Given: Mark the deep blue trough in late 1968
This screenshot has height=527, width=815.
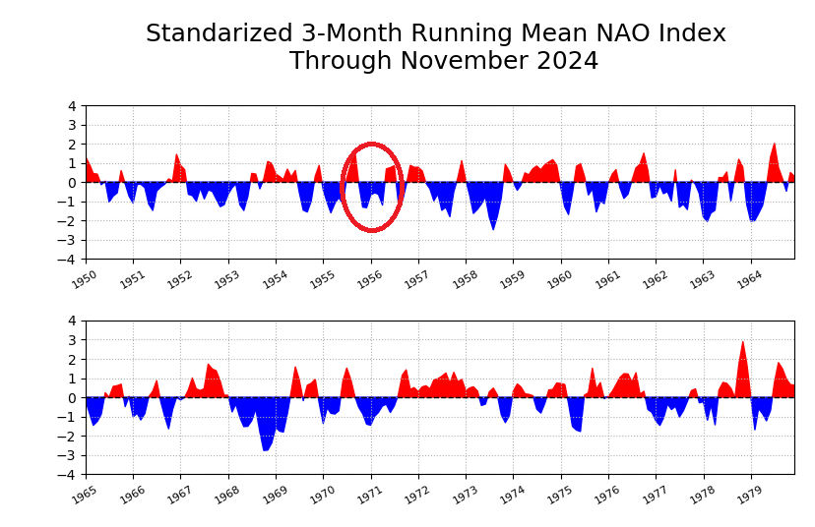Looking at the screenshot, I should pos(265,448).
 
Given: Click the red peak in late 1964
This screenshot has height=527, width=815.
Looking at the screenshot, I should pos(774,146).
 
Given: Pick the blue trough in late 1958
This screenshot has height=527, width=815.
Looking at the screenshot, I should pos(493,227).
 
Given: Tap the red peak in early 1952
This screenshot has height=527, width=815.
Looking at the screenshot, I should pos(177,156).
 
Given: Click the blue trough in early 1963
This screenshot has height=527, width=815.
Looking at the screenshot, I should pos(707,219).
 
